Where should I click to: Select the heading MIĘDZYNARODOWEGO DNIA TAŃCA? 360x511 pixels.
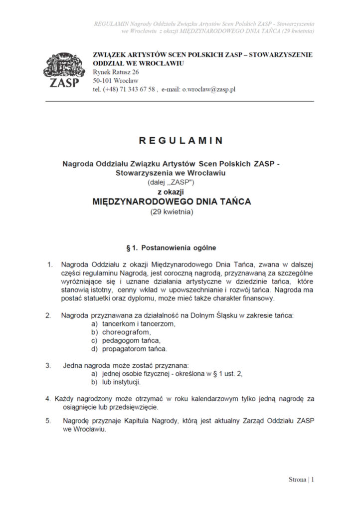click(172, 202)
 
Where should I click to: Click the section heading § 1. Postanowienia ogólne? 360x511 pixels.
click(172, 248)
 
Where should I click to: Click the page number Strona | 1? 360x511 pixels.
click(302, 480)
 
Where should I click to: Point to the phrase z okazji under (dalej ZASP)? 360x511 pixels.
click(172, 192)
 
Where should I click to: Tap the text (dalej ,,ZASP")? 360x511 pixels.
click(172, 183)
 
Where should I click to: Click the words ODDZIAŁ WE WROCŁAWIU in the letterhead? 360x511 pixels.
click(139, 64)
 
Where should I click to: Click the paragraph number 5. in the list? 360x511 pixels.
click(48, 421)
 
